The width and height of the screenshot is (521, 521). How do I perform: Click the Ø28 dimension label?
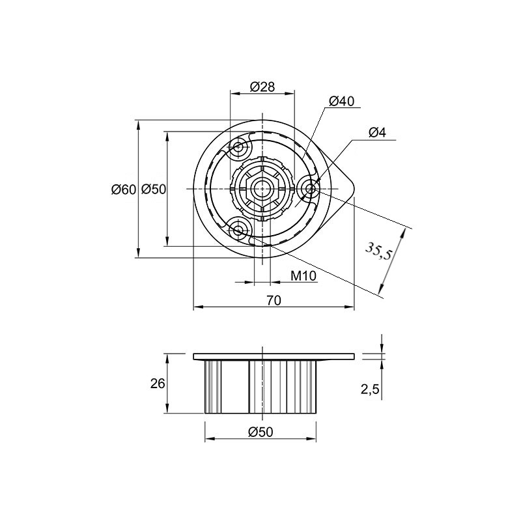click(x=262, y=87)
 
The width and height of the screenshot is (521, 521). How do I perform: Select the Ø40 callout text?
click(x=341, y=101)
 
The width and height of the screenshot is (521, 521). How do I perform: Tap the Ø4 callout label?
click(x=377, y=133)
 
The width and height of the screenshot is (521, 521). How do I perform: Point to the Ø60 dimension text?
click(x=124, y=190)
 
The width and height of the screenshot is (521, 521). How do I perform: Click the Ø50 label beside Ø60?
click(x=153, y=190)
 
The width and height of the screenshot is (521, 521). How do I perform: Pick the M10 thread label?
click(x=303, y=275)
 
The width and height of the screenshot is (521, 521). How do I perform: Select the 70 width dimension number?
click(x=274, y=300)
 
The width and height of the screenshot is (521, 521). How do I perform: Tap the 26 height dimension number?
click(x=158, y=384)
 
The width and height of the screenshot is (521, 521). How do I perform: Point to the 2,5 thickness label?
click(x=370, y=389)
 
